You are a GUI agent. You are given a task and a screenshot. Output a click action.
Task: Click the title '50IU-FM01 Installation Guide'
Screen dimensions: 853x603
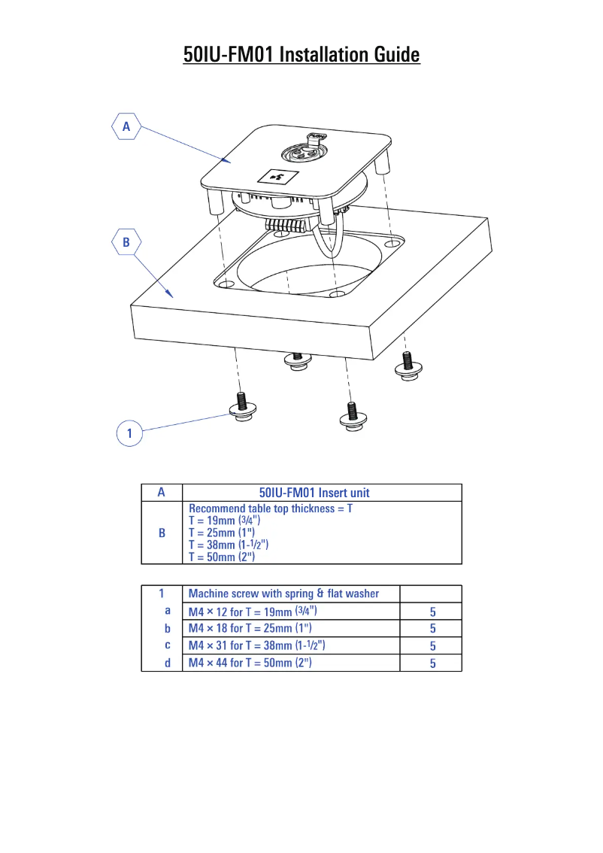301,55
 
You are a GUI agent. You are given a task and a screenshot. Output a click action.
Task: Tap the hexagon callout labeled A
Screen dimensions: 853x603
126,127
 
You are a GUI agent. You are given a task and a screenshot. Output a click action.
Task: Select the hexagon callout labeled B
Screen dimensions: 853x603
126,242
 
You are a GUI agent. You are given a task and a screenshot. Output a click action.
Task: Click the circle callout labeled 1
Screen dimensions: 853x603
130,433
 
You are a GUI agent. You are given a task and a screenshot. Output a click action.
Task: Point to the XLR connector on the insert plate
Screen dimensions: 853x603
303,153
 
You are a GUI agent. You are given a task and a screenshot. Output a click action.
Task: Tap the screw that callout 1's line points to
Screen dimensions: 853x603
242,406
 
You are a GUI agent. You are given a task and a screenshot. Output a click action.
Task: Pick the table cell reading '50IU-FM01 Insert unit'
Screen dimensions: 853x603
314,493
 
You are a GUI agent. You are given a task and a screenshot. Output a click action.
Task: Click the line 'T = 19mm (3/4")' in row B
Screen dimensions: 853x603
225,521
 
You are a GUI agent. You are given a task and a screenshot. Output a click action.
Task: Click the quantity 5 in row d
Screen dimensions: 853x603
432,663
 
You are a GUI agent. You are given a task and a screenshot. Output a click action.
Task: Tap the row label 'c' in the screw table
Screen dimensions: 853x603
167,645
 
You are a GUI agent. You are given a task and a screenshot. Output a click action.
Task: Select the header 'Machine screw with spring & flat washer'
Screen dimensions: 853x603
283,593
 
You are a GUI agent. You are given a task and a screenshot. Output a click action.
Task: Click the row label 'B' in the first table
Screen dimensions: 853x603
162,533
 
